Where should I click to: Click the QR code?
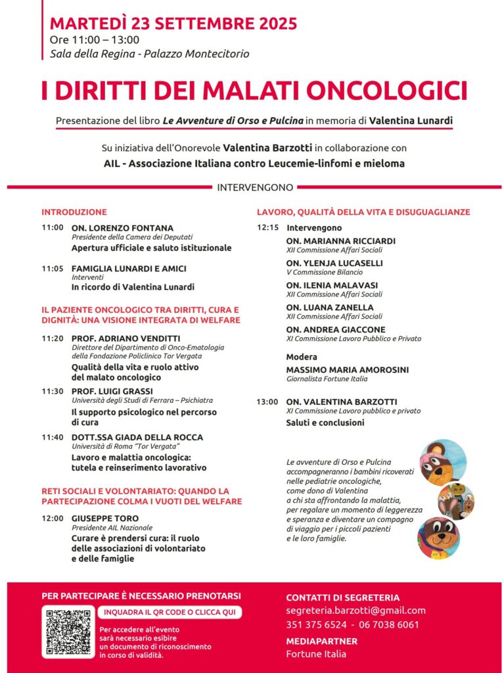[x=68, y=632]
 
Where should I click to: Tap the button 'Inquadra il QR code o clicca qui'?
[x=170, y=613]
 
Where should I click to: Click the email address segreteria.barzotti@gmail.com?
[x=355, y=611]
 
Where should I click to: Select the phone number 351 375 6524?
[x=316, y=625]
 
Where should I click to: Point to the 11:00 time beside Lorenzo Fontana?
[x=53, y=228]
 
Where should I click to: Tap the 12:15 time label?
[x=267, y=227]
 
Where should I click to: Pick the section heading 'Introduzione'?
[x=74, y=212]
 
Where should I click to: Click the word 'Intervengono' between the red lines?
[x=255, y=187]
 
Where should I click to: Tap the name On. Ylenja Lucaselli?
[x=334, y=263]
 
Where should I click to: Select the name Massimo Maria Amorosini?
[x=347, y=370]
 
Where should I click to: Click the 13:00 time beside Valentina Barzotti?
[x=267, y=402]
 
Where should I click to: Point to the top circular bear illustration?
[x=442, y=462]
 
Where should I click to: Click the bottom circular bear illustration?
[x=438, y=538]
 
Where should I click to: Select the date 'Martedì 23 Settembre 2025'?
[x=173, y=24]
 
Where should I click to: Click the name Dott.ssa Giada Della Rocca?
[x=137, y=437]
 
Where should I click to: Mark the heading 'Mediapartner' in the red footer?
[x=321, y=641]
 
